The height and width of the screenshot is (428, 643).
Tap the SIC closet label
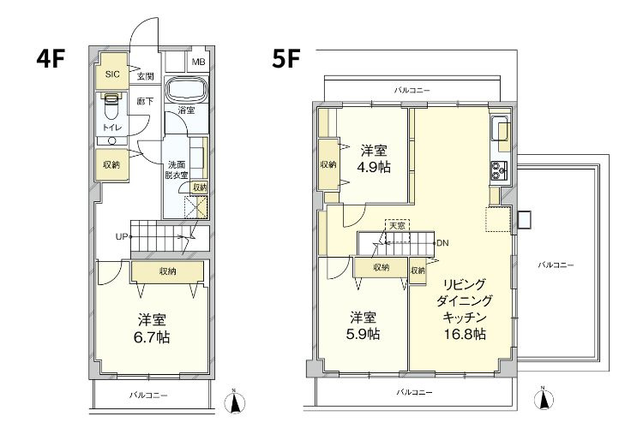click(112, 74)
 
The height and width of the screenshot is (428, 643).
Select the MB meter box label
click(198, 62)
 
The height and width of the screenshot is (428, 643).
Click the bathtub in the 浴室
click(185, 91)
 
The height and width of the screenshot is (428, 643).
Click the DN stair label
click(442, 242)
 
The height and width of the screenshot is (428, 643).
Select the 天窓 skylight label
click(396, 226)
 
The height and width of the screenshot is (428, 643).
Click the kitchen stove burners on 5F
click(500, 169)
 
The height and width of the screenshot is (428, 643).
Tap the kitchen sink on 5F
click(500, 130)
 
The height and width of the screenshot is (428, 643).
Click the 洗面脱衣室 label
click(178, 169)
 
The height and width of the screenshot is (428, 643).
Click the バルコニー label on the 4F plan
click(148, 395)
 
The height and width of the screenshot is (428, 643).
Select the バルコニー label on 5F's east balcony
click(556, 265)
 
